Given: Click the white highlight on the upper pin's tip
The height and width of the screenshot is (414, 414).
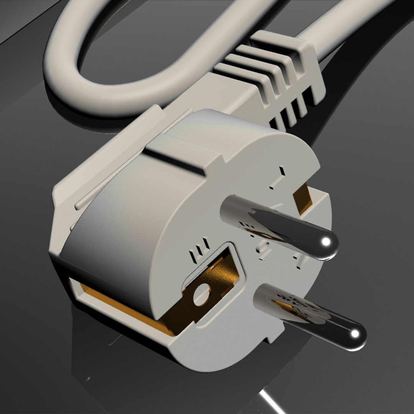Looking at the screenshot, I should [x=326, y=242].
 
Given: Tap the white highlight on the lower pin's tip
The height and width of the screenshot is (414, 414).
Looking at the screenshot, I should [x=355, y=333].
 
